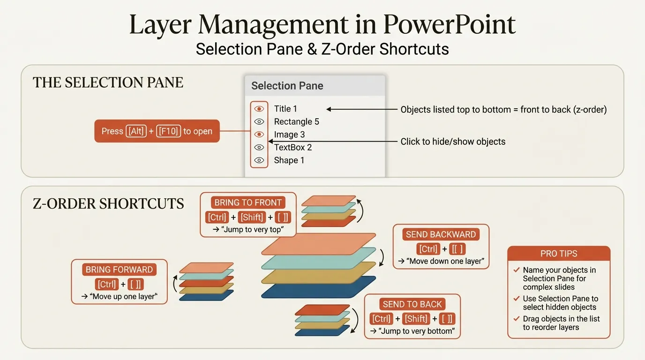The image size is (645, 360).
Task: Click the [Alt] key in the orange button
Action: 136,131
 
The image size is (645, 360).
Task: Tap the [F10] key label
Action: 168,131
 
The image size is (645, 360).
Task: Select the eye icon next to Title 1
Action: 259,109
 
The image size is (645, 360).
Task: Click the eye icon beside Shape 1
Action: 259,160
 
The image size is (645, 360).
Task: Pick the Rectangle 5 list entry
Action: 296,122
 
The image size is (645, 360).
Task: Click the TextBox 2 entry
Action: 292,148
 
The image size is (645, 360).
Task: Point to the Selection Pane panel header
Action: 287,86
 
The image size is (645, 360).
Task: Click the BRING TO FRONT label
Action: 248,202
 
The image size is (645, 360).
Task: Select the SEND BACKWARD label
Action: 441,234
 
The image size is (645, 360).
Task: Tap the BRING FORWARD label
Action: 119,270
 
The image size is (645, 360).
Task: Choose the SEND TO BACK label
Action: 412,304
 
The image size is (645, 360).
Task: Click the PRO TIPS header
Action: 559,254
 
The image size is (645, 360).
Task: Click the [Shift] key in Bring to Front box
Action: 252,217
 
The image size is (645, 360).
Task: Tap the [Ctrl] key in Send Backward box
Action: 428,249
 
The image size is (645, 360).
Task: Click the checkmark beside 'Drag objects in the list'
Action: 516,319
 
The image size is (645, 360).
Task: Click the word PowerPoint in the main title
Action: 449,24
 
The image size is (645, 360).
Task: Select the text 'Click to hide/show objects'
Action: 453,142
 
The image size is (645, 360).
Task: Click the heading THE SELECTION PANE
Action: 108,82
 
